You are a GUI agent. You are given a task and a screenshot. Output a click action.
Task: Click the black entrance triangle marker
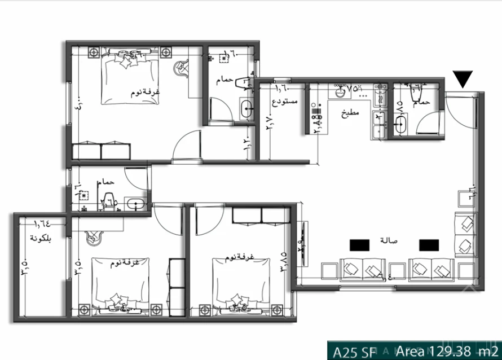[463, 80]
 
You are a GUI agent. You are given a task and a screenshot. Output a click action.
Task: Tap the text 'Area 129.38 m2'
[444, 351]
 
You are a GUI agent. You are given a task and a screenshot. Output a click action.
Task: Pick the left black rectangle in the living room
[359, 244]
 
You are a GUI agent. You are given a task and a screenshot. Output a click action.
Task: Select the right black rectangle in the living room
[429, 244]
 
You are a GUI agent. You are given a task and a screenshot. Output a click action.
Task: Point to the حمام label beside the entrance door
[421, 103]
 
